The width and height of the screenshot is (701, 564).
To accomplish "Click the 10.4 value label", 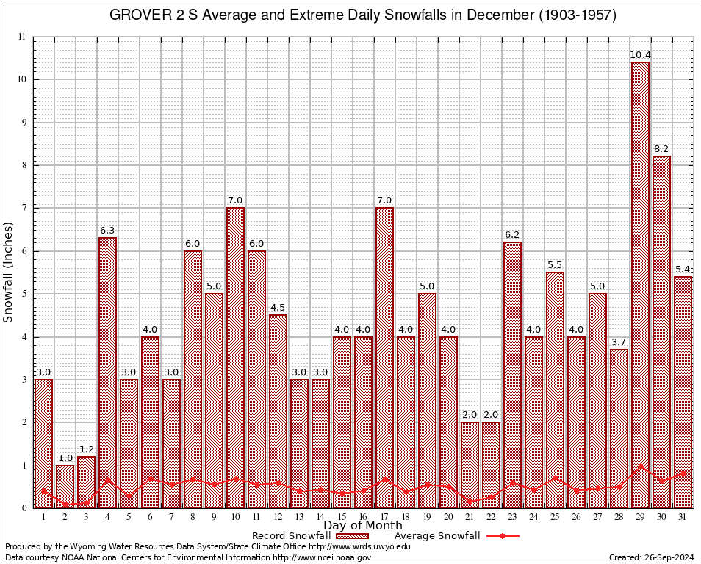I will click(640, 55).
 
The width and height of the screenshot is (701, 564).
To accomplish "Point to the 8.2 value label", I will click(661, 150).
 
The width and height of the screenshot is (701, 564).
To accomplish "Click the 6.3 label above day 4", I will click(107, 231).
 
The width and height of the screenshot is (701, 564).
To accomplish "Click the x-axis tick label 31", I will click(683, 516).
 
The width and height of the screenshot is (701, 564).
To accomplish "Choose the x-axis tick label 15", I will click(342, 516).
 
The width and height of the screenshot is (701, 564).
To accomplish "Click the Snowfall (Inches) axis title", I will click(9, 272).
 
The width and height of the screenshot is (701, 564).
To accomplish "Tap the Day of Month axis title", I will click(362, 526).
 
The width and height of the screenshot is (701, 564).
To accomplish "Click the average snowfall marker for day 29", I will click(641, 466).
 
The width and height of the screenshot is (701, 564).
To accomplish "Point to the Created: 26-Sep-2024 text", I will click(651, 557).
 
